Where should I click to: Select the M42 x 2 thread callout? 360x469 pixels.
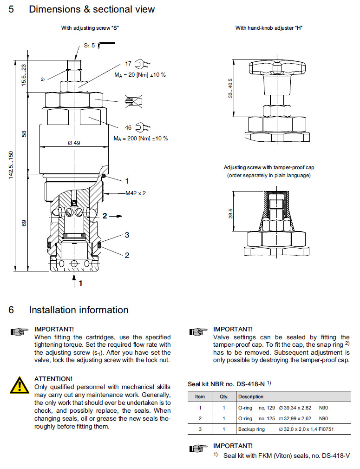coord(135,193)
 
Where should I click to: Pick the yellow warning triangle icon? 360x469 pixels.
coord(19,385)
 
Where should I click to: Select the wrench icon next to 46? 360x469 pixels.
coord(144,127)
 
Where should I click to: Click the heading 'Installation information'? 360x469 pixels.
coord(79,310)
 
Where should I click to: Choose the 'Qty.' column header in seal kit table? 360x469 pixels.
coord(218,396)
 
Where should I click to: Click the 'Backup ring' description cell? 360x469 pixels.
coord(251,429)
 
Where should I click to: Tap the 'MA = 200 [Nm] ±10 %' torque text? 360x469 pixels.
coord(141,139)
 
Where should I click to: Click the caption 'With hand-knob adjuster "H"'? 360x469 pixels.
coord(269,28)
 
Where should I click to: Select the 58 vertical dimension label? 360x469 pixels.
coord(24,134)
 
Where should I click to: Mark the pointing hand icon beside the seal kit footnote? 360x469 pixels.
coord(198,449)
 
